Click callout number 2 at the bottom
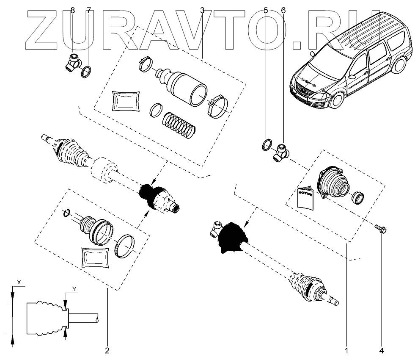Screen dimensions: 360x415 pyautogui.click(x=107, y=350)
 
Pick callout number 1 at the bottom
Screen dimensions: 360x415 pyautogui.click(x=346, y=350)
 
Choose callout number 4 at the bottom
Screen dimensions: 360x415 pyautogui.click(x=382, y=350)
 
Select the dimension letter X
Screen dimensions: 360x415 pyautogui.click(x=19, y=282)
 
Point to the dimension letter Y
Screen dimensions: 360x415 pyautogui.click(x=74, y=289)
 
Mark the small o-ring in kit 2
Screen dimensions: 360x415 pyautogui.click(x=66, y=213)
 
